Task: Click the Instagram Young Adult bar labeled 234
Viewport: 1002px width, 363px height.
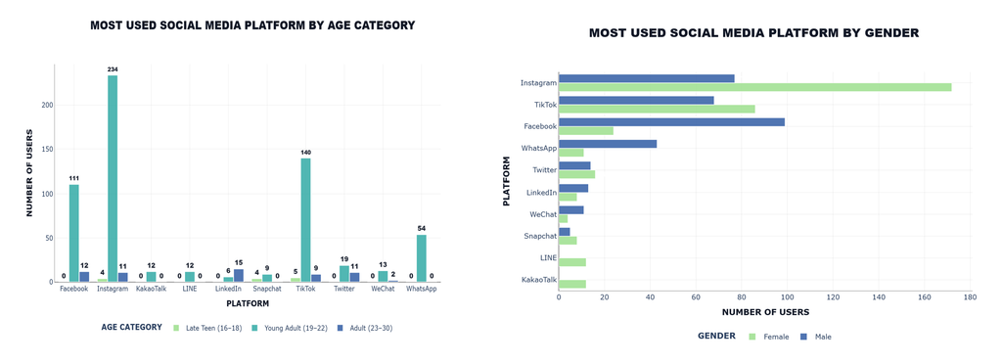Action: coord(113,178)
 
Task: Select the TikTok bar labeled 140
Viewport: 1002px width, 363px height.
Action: coord(305,220)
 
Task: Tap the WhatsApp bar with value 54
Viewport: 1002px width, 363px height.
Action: coord(421,258)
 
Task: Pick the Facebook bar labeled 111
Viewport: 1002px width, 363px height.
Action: coord(74,233)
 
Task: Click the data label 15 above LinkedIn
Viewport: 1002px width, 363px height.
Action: coord(239,262)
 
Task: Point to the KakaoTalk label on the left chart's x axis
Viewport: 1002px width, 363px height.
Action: coord(151,290)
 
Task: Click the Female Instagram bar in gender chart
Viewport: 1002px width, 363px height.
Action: coord(755,87)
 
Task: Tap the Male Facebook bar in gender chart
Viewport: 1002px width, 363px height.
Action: coord(671,122)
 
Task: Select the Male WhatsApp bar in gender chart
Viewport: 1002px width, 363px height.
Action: coord(608,144)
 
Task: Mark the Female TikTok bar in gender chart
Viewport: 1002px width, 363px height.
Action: coord(657,109)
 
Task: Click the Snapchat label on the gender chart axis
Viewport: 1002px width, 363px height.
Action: coord(540,237)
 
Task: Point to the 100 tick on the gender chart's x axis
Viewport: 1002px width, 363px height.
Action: coord(788,297)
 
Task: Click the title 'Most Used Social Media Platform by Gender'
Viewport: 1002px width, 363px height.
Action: coord(754,33)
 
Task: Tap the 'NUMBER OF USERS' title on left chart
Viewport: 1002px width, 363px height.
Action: coord(29,174)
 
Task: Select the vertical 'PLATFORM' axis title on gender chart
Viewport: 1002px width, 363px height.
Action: coord(506,183)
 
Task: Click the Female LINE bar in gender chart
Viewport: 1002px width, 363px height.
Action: coord(572,262)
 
